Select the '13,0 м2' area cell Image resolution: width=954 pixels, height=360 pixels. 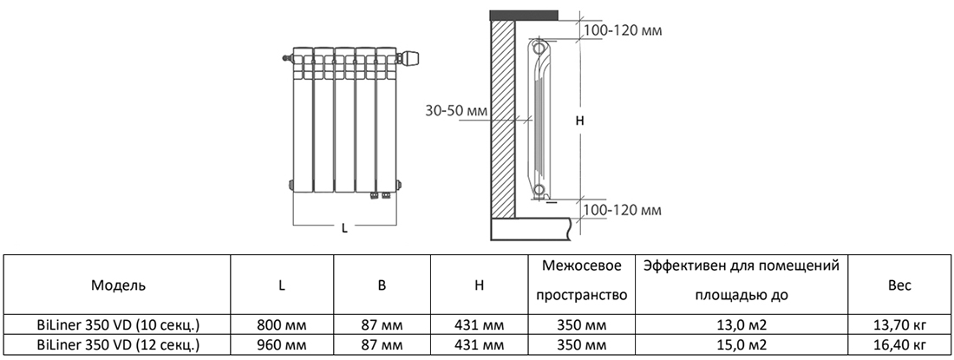[x=742, y=325]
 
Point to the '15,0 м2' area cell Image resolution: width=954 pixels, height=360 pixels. [x=742, y=344]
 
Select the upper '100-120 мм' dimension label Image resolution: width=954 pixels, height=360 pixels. [x=621, y=31]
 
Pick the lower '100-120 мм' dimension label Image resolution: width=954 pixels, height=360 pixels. [x=621, y=211]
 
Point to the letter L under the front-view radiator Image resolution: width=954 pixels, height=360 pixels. [x=344, y=229]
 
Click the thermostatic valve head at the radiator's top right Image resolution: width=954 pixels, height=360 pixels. [x=409, y=58]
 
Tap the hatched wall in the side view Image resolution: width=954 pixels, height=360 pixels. [x=503, y=121]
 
